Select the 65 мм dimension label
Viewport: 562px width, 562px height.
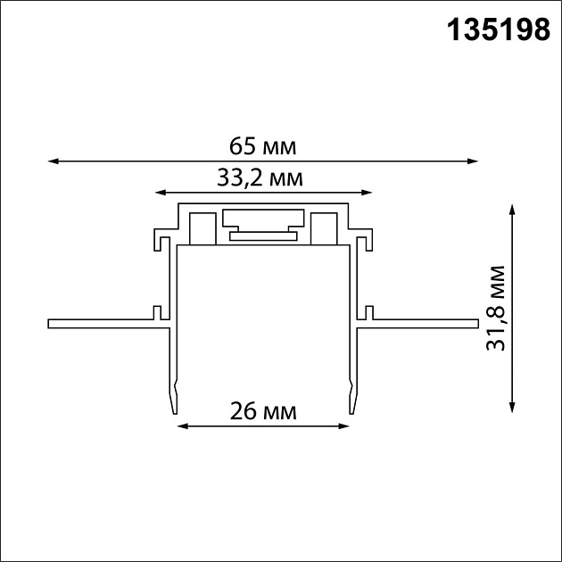(261, 145)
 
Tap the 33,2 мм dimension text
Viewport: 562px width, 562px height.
(260, 177)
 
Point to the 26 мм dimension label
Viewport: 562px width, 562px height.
(262, 411)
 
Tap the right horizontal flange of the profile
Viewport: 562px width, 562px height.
(419, 322)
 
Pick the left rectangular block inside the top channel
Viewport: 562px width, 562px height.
(202, 227)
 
